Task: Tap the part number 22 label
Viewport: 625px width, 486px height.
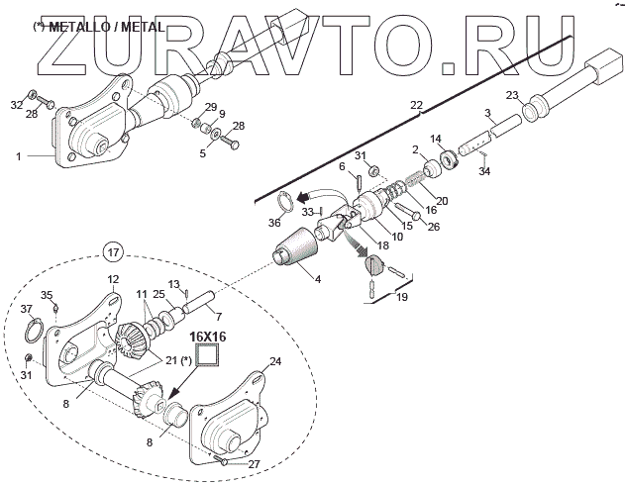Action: (416, 104)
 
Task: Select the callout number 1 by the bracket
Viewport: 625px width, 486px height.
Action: (19, 154)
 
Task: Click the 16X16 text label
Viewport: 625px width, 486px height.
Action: (210, 337)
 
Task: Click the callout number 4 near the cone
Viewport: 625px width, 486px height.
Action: (318, 279)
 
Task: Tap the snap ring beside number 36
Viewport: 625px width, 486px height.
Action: (284, 203)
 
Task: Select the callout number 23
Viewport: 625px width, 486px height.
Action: (511, 95)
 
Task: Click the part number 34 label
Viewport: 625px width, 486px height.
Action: (483, 171)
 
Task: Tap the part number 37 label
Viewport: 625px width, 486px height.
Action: (26, 309)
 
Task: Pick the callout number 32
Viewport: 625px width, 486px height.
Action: (16, 104)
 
